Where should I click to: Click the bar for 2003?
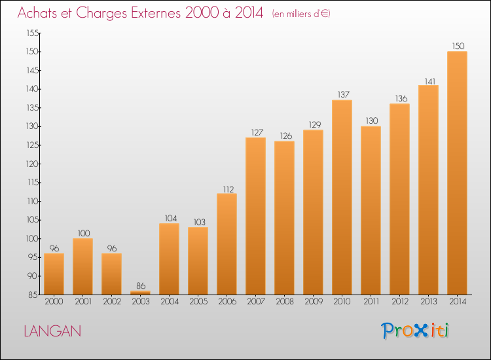140,293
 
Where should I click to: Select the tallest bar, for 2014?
457,173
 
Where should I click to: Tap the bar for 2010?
342,197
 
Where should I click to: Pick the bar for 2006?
227,244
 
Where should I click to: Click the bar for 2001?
82,266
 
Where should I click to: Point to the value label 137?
344,94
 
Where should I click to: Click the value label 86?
141,285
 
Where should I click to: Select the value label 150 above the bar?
458,46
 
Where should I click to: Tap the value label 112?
228,189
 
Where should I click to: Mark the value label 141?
430,81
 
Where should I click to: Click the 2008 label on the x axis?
285,301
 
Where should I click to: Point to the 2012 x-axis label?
400,301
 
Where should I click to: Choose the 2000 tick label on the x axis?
54,301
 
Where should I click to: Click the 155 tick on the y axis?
33,33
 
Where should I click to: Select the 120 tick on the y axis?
33,164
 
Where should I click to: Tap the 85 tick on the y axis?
33,295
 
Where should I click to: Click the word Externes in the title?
156,12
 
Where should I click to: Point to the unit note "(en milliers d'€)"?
301,14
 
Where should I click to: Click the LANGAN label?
52,331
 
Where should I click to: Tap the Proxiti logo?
415,331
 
